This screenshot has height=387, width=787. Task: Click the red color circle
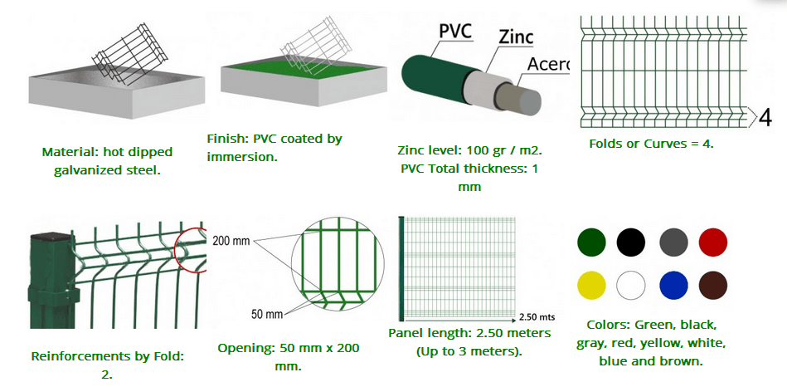click(x=712, y=242)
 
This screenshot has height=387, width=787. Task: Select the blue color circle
click(x=673, y=286)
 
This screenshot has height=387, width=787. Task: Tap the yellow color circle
click(x=592, y=286)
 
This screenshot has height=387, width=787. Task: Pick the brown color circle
click(x=712, y=286)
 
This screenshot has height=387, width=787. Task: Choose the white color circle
click(x=631, y=286)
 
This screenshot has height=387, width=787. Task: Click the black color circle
click(x=631, y=242)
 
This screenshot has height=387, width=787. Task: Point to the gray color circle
click(x=673, y=242)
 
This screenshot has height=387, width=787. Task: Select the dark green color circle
click(x=592, y=242)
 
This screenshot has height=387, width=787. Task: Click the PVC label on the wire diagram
click(x=456, y=32)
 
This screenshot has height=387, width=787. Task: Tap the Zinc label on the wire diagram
click(x=516, y=37)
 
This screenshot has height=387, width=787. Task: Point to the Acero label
click(x=549, y=64)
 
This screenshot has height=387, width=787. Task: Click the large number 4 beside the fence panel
click(x=765, y=118)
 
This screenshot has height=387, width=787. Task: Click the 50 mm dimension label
click(x=268, y=315)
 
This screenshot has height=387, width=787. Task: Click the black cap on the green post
click(x=51, y=235)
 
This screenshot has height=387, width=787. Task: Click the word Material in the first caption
click(x=66, y=152)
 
